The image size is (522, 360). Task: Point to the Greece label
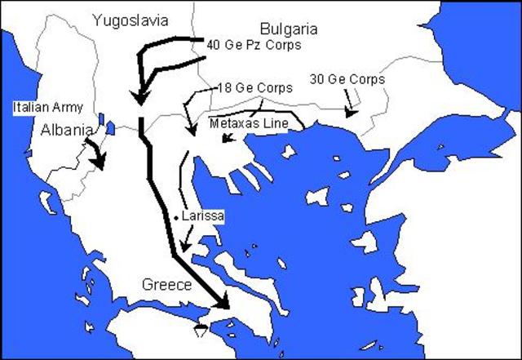(x=166, y=285)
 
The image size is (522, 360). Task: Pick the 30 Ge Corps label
(x=347, y=79)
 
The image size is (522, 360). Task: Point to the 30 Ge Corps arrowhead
(x=351, y=113)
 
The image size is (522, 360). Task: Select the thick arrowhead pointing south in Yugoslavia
(x=140, y=97)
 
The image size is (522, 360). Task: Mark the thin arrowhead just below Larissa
(x=186, y=247)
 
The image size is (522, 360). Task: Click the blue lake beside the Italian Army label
(x=109, y=128)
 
